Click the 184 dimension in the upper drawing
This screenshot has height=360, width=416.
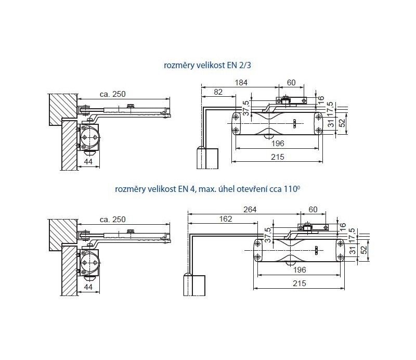pyautogui.click(x=241, y=83)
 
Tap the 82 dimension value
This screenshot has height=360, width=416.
pyautogui.click(x=218, y=92)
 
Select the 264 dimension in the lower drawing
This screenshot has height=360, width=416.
pyautogui.click(x=250, y=210)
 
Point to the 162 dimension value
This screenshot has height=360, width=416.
pyautogui.click(x=226, y=219)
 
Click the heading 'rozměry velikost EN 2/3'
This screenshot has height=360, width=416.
pyautogui.click(x=207, y=66)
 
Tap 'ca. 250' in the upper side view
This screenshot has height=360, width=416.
pyautogui.click(x=112, y=94)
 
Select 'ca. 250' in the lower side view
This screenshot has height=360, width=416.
pyautogui.click(x=112, y=220)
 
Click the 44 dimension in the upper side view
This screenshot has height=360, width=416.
pyautogui.click(x=88, y=161)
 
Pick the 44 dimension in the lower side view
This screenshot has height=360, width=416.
pyautogui.click(x=88, y=287)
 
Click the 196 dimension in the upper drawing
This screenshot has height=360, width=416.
pyautogui.click(x=278, y=144)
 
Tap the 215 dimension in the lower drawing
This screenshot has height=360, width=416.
pyautogui.click(x=300, y=284)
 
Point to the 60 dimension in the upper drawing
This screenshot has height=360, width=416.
pyautogui.click(x=291, y=83)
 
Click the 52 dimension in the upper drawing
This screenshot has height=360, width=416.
pyautogui.click(x=343, y=122)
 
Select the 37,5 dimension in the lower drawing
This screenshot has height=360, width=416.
pyautogui.click(x=268, y=235)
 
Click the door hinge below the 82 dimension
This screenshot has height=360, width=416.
pyautogui.click(x=207, y=158)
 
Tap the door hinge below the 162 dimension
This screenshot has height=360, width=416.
pyautogui.click(x=194, y=285)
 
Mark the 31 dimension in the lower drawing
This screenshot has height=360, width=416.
pyautogui.click(x=353, y=250)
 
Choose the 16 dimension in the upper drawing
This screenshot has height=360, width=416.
pyautogui.click(x=321, y=100)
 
